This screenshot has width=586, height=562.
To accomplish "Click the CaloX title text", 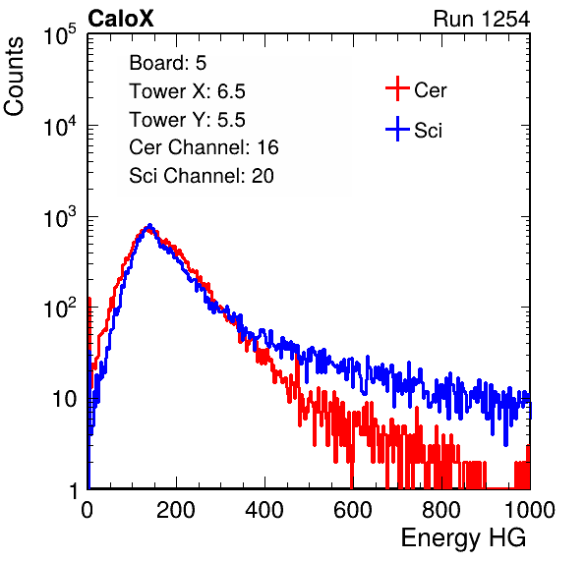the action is tap(120, 19).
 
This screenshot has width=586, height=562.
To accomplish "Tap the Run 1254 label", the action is tap(482, 19).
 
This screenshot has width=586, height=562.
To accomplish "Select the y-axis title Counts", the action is tap(14, 77).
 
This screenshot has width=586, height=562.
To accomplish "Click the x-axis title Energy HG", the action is tap(463, 538).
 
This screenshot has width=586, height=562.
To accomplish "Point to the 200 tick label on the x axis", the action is tap(176, 510).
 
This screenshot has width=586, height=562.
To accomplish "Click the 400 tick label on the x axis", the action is tap(264, 510).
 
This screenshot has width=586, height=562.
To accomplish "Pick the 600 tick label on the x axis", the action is tap(353, 510).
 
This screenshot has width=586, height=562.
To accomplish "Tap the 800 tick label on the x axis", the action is tap(441, 510).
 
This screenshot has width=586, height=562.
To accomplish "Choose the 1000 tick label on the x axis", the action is tap(530, 510).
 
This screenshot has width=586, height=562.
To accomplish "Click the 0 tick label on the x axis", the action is tap(88, 510).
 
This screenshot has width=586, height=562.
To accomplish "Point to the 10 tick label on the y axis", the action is tap(64, 399).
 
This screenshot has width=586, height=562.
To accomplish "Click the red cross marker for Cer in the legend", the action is tap(397, 88).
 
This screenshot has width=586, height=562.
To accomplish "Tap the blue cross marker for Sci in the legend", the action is tap(397, 129).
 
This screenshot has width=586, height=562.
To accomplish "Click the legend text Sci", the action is tap(429, 131).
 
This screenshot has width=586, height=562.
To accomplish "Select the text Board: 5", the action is tap(168, 63).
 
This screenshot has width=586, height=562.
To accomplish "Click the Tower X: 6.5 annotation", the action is tap(187, 91).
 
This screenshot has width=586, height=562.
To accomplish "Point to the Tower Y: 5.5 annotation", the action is tap(187, 120).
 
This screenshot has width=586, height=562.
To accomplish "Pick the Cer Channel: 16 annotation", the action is tap(204, 147).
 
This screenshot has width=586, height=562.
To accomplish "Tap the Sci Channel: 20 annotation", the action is tap(202, 176).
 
